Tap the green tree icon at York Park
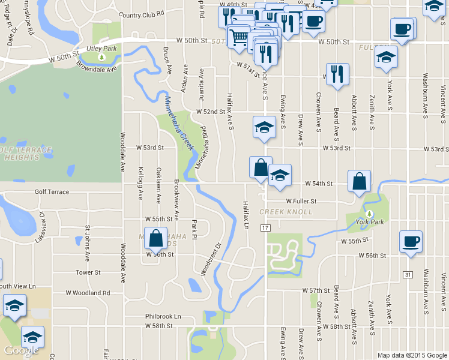point(369,214)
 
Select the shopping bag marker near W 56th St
point(155,238)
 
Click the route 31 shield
point(408,274)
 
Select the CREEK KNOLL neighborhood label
point(286,212)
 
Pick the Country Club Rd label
point(142,15)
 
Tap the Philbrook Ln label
point(163,316)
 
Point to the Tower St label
point(88,272)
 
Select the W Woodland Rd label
point(89,293)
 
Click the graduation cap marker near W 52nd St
point(264,127)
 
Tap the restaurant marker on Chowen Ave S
point(337,74)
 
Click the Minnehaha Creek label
point(179,123)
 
